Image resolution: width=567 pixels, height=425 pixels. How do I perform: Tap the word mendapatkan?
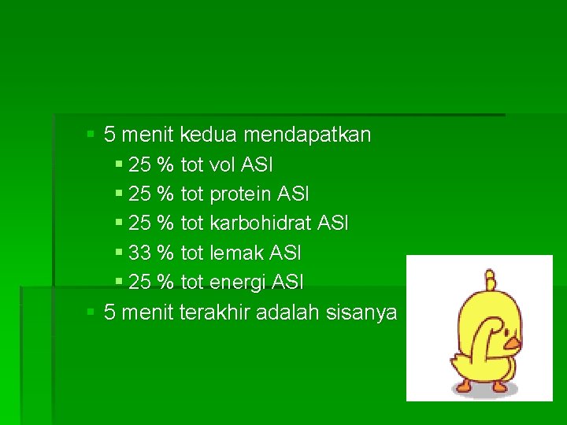pos(307,135)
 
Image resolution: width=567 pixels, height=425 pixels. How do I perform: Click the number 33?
pos(139,253)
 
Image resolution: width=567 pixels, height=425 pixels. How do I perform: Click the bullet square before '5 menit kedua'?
pos(91,135)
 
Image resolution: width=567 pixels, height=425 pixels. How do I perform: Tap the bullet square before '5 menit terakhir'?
pos(91,312)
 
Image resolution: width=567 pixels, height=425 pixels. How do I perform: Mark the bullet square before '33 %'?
pos(118,253)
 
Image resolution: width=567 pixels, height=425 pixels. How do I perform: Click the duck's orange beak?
pos(513,343)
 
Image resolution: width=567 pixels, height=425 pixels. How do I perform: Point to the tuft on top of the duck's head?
pos(491,280)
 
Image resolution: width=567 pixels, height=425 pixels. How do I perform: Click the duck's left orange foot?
pos(463,386)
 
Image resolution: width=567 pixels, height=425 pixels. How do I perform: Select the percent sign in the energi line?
pos(165,282)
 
